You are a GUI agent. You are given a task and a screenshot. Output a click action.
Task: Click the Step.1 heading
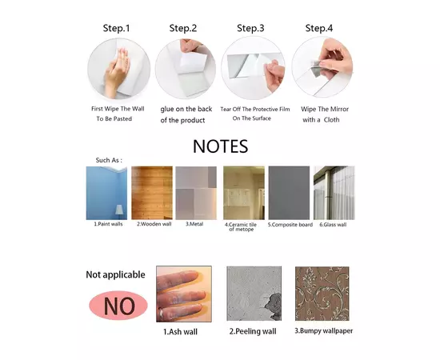point(116,28)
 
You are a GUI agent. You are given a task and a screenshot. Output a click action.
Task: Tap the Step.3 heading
point(250,28)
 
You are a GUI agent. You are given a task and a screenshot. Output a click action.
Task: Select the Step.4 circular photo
point(322,66)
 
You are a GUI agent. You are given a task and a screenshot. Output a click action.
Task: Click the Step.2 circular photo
point(186,69)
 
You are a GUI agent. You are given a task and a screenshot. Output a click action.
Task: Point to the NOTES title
point(221,146)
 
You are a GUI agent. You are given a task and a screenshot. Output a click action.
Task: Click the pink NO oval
point(118,306)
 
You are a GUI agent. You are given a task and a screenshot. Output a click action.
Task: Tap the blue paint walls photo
point(106,193)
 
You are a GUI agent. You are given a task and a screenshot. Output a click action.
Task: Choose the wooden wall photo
point(152,193)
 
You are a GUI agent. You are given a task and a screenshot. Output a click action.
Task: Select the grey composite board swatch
point(289,193)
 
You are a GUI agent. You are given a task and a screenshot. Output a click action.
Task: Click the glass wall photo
point(334,193)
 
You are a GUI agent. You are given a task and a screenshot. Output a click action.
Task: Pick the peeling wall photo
point(254,294)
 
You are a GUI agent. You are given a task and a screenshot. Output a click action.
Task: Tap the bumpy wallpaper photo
point(322,294)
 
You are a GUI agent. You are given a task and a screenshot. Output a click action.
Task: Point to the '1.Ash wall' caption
point(181,332)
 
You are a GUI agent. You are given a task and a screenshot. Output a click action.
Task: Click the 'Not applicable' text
point(116,274)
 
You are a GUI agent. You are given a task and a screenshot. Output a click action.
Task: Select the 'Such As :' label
point(109,160)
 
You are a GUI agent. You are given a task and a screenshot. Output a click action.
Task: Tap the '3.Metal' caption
point(194,224)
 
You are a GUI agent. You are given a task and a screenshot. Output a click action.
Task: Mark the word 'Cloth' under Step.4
point(332,120)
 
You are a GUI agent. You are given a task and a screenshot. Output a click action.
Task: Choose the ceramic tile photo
point(244,193)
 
